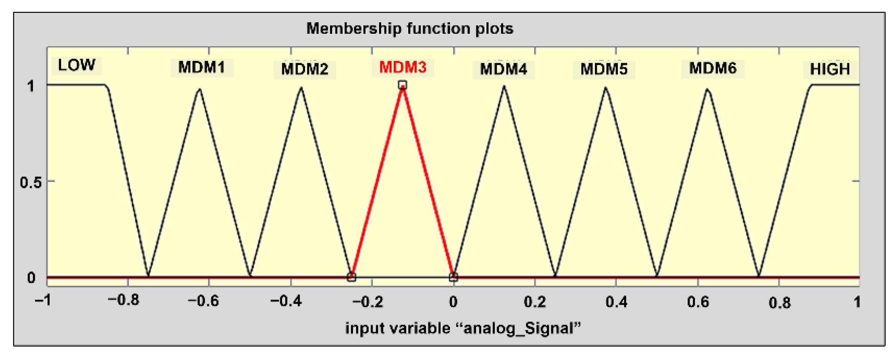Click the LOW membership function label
(76, 65)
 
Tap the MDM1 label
(202, 67)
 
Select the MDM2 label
(305, 69)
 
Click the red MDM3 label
(402, 67)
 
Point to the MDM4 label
(504, 69)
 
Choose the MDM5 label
(604, 69)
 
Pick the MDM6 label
(713, 68)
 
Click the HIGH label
(830, 69)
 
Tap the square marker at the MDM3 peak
(402, 85)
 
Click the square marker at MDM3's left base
(351, 277)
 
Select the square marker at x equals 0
(453, 277)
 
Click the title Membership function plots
(410, 28)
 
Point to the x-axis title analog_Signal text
(463, 329)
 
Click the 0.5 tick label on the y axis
(31, 182)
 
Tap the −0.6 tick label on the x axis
(203, 301)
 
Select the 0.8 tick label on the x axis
(779, 303)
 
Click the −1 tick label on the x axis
(43, 301)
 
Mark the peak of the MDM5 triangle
(606, 88)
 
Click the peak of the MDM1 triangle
(199, 89)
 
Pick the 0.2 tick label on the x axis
(535, 302)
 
